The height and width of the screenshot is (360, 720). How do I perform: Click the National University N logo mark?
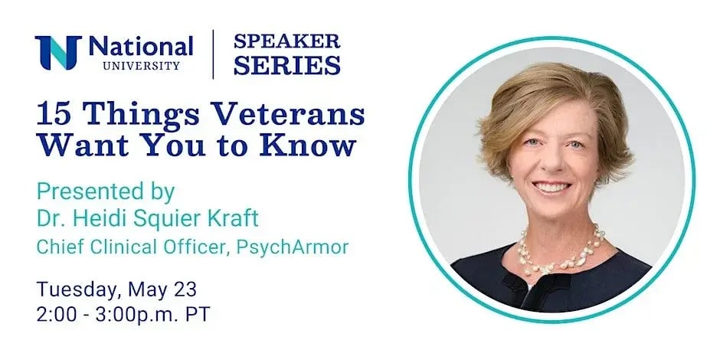tap(58, 52)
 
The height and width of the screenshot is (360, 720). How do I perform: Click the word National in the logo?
tap(141, 47)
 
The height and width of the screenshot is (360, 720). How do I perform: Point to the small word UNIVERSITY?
tap(142, 66)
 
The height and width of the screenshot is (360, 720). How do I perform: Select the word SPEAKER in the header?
tap(287, 41)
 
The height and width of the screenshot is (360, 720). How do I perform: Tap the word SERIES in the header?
tap(287, 65)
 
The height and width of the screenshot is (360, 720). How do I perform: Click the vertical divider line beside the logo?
tap(213, 54)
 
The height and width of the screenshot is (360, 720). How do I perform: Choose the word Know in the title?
tap(308, 145)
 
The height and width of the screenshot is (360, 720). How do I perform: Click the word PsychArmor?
tap(293, 247)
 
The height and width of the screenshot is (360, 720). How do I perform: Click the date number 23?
tap(185, 290)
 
